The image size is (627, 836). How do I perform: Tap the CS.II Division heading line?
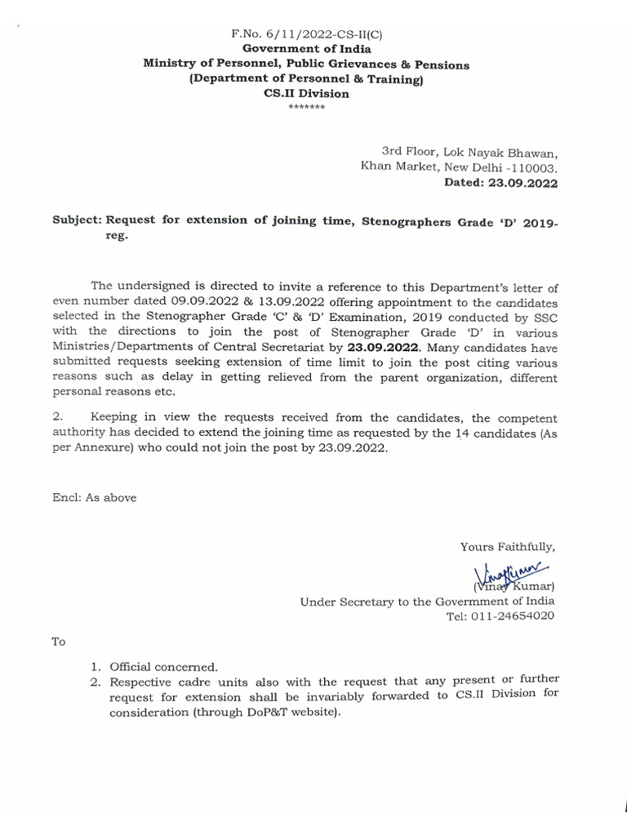pyautogui.click(x=306, y=94)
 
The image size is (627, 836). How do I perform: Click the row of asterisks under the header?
pyautogui.click(x=306, y=107)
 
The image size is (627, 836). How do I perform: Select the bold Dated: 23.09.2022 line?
pyautogui.click(x=500, y=184)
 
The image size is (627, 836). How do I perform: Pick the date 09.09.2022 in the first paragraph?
pyautogui.click(x=182, y=300)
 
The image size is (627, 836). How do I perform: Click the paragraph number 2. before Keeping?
pyautogui.click(x=56, y=419)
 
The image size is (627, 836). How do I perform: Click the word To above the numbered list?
pyautogui.click(x=58, y=642)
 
